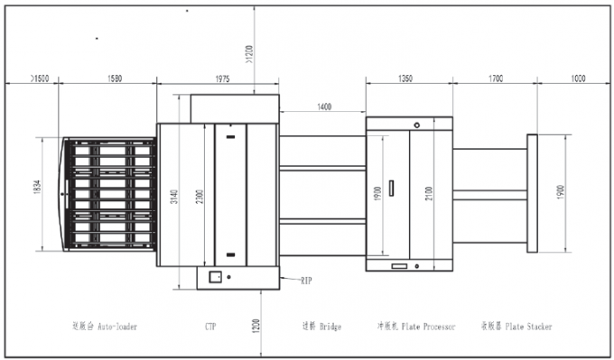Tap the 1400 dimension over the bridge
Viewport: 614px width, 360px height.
pos(323,106)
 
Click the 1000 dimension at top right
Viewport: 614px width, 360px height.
pos(579,79)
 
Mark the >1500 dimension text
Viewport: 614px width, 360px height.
pos(39,79)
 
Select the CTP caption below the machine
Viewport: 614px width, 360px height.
pos(210,326)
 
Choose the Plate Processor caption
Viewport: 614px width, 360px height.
pos(415,326)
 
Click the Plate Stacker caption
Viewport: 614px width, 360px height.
pos(516,326)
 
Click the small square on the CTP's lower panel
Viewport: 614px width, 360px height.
pos(216,277)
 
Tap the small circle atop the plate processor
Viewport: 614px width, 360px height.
pos(417,125)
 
